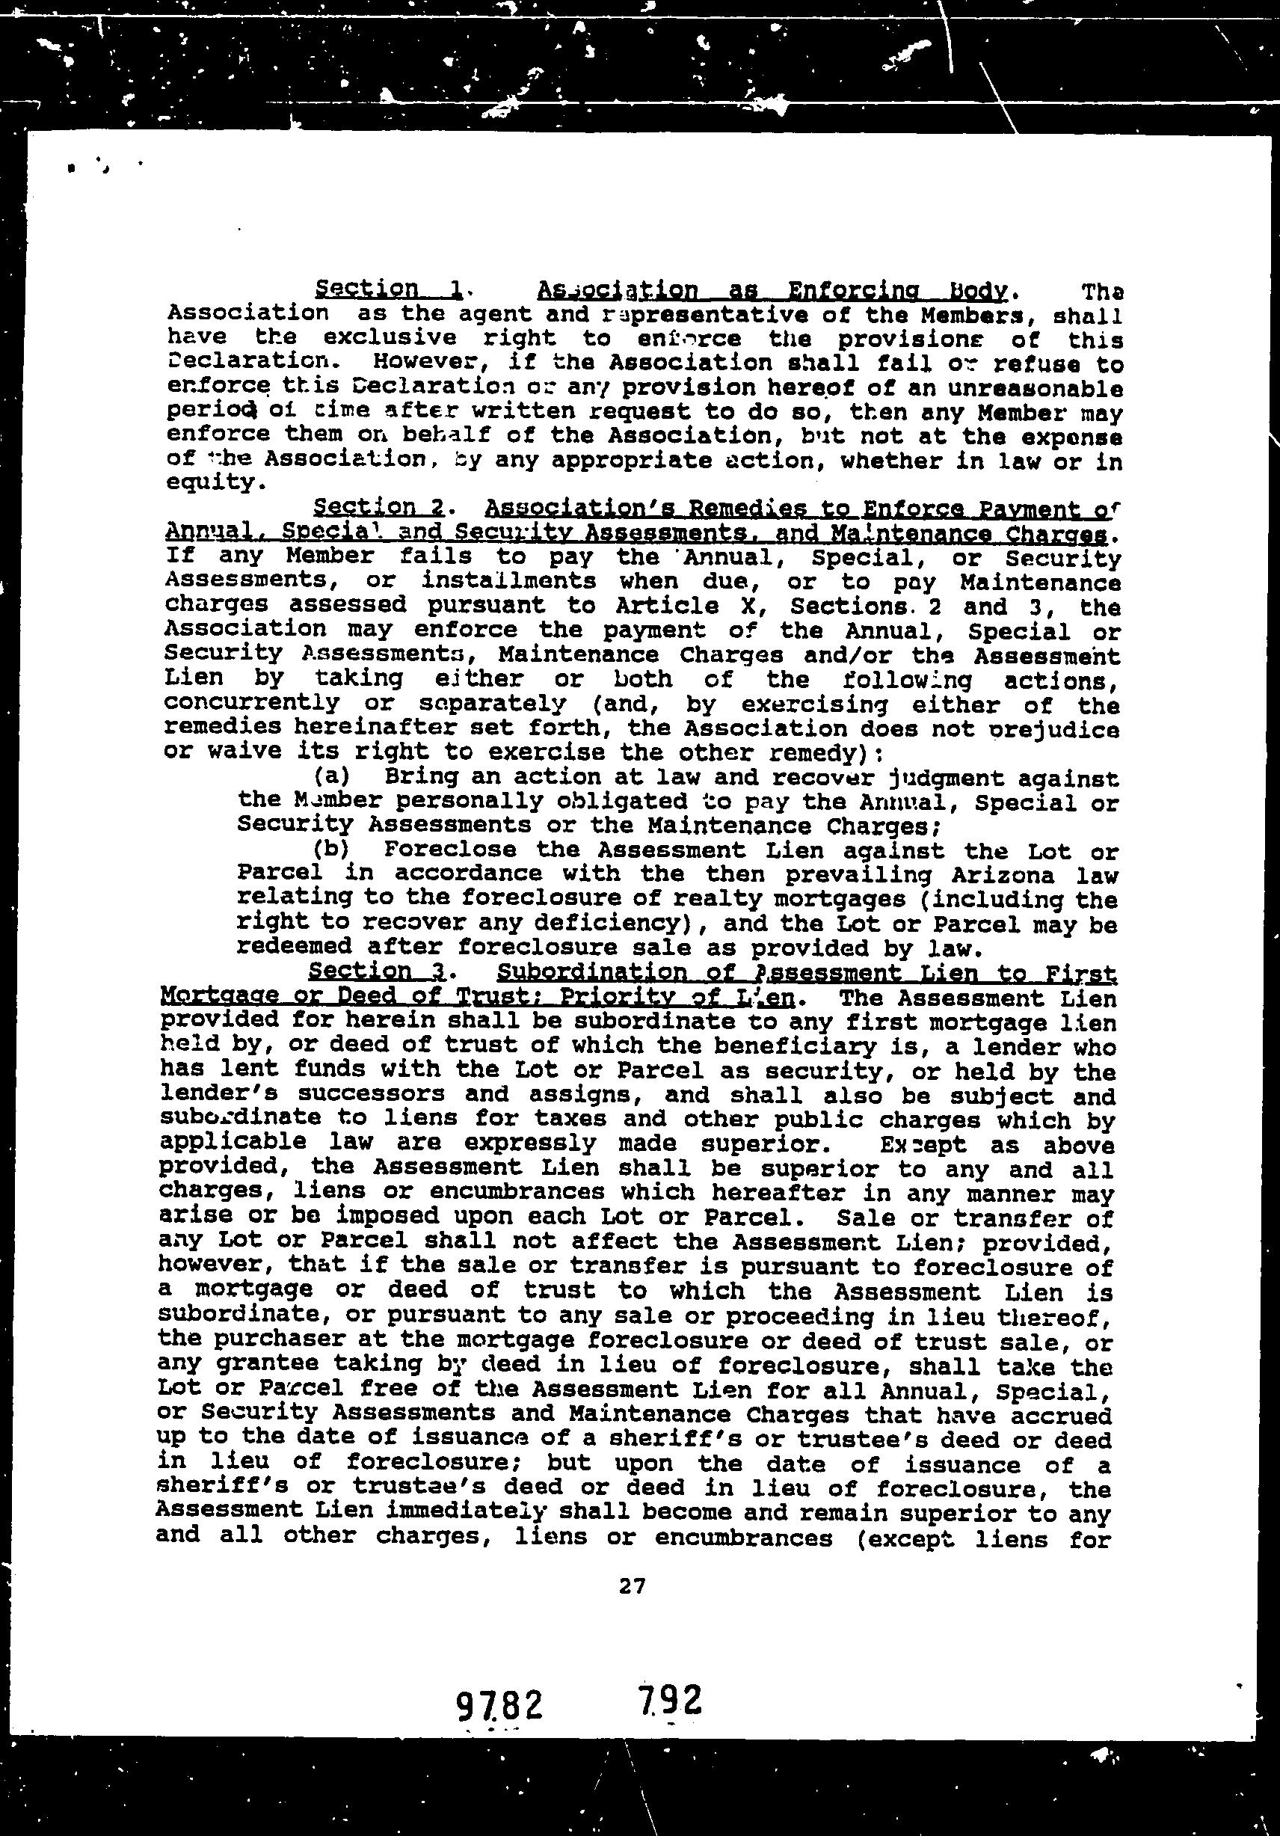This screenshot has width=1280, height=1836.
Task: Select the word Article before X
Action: click(696, 606)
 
